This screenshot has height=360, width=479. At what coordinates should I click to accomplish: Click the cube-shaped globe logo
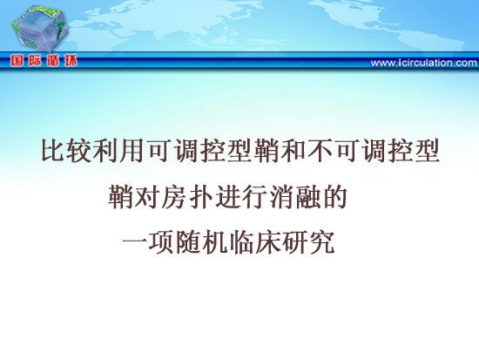pos(40,29)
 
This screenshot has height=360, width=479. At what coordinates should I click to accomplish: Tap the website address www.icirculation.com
pos(424,63)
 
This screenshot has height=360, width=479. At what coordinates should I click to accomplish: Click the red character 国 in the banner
pos(17,61)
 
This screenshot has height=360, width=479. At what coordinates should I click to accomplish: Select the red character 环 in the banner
pos(71,61)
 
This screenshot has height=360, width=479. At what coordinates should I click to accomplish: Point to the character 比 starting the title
pos(52,151)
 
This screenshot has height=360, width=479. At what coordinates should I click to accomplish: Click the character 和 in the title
pos(293,151)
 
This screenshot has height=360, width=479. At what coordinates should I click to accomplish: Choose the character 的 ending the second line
pos(334,197)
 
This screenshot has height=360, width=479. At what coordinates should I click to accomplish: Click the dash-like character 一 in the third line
pos(134,242)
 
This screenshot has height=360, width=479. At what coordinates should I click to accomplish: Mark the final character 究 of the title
pos(322,243)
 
